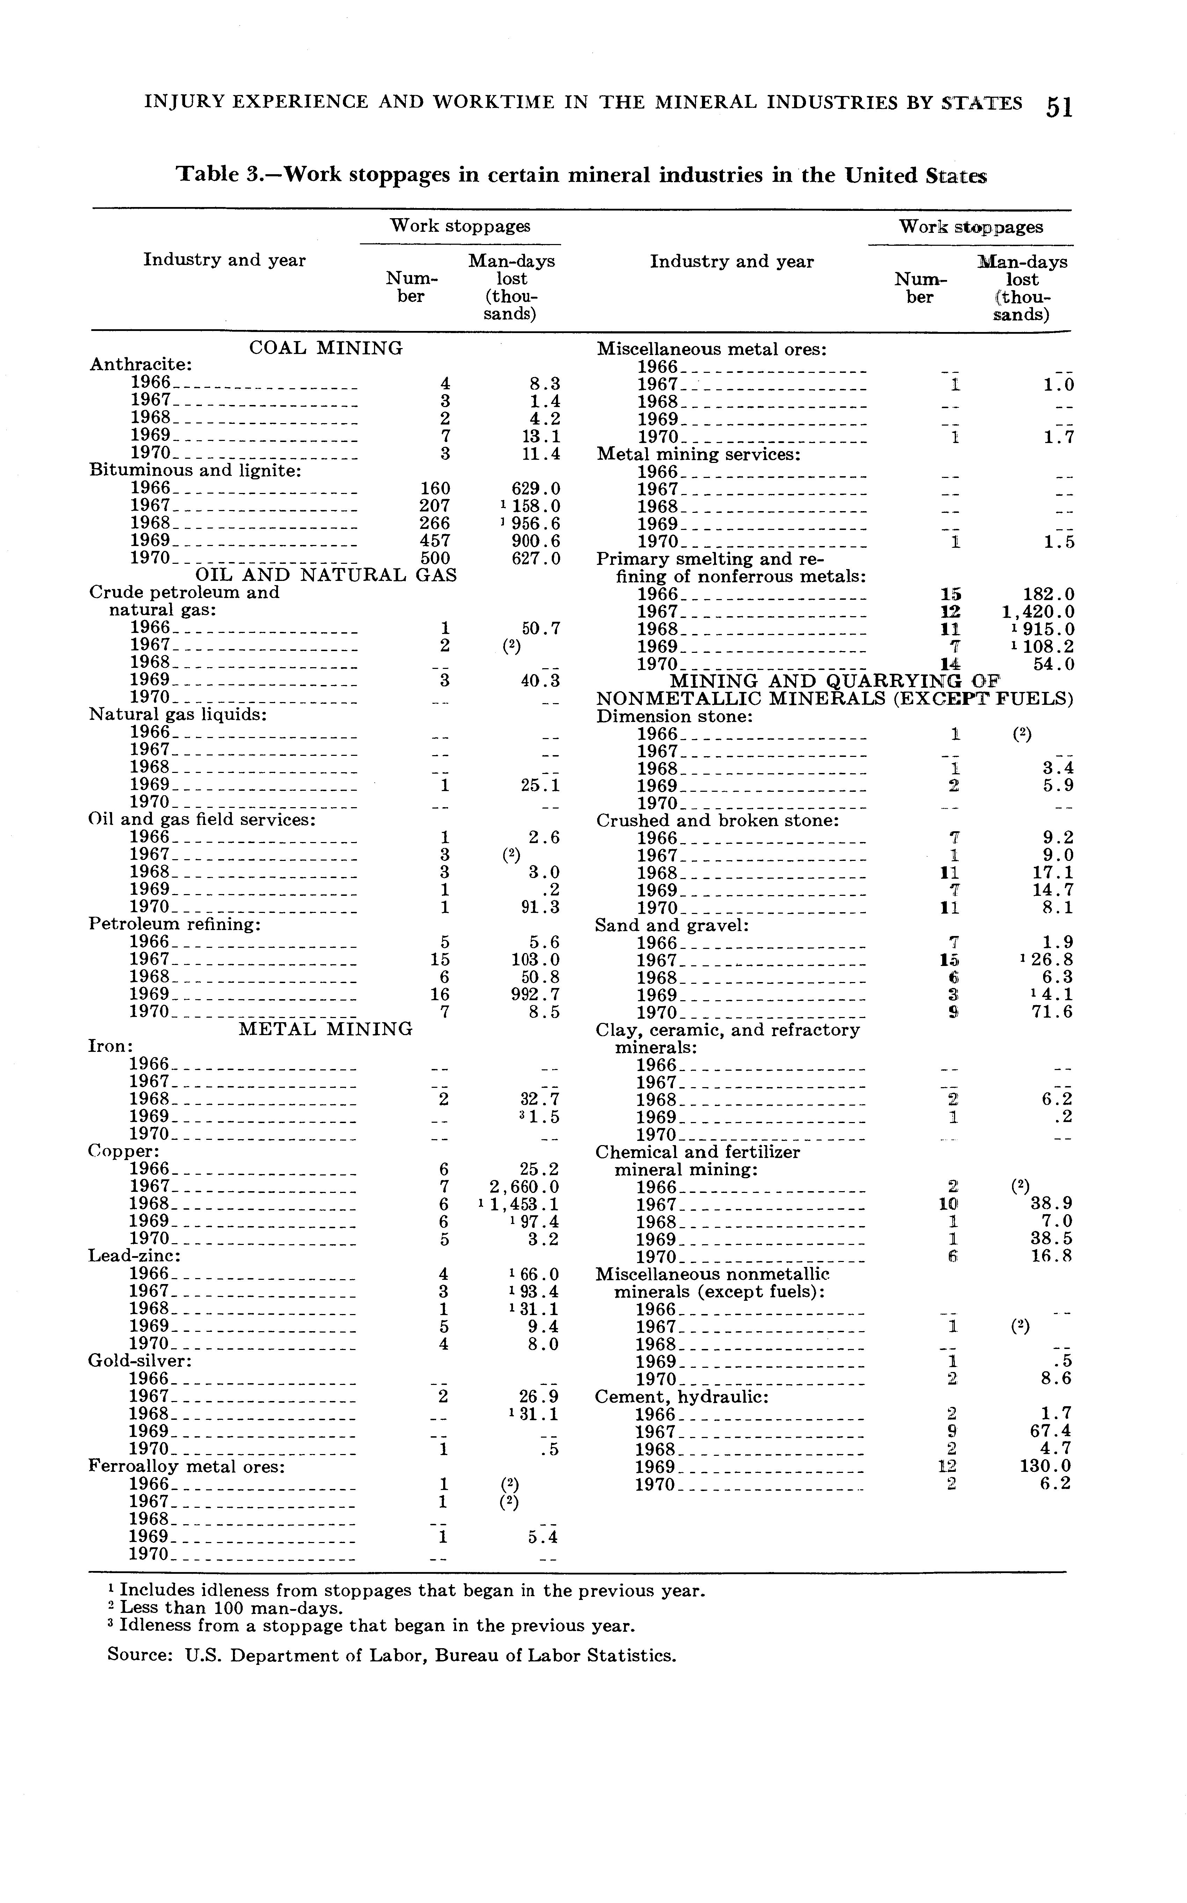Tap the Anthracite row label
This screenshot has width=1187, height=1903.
(x=141, y=365)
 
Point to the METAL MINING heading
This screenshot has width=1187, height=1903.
(x=325, y=1029)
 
